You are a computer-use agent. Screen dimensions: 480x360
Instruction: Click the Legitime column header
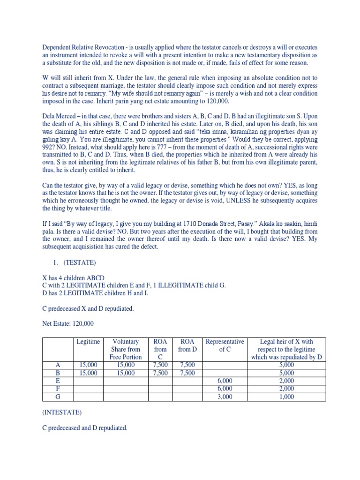pos(88,342)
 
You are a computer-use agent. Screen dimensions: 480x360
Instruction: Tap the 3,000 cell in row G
pos(225,397)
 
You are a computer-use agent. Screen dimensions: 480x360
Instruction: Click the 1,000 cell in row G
pos(286,397)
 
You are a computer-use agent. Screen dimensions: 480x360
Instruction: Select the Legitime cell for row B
pos(88,373)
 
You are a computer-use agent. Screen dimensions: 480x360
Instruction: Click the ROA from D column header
pos(187,345)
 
